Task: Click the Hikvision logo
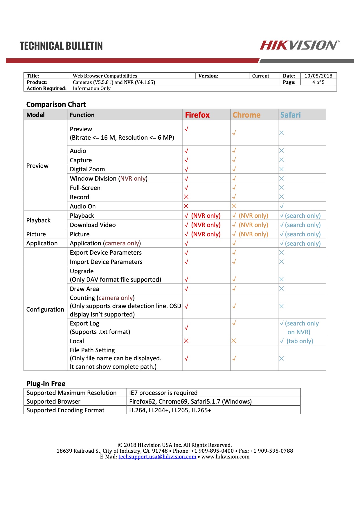pos(299,45)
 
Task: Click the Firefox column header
pos(197,115)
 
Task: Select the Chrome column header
pos(246,115)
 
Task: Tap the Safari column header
pos(290,115)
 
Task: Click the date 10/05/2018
pos(318,76)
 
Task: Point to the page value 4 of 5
pos(318,82)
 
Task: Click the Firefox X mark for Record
pos(186,197)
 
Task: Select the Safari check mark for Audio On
pos(282,206)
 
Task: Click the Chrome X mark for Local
pos(234,341)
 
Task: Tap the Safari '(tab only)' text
pos(300,341)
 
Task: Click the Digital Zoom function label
pos(87,169)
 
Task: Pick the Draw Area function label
pos(84,289)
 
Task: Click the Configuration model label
pos(45,310)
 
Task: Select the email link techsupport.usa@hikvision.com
pos(157,457)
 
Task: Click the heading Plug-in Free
pos(46,384)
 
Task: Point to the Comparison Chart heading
pos(56,104)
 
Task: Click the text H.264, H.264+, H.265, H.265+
pos(170,410)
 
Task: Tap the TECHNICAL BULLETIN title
pos(61,46)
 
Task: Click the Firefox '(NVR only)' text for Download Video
pos(206,225)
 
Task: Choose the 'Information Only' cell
pos(92,88)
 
